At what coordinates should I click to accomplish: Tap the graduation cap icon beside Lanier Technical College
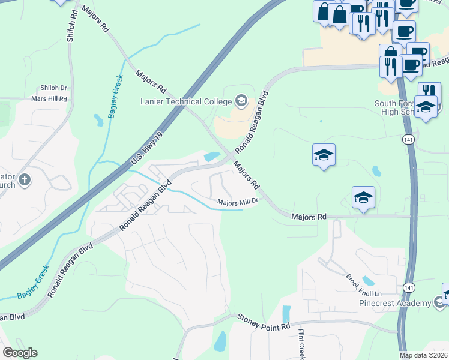pyautogui.click(x=241, y=100)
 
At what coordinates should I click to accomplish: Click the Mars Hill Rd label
pyautogui.click(x=49, y=98)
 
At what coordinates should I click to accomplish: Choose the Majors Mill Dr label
pyautogui.click(x=237, y=202)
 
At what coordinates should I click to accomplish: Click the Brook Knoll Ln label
pyautogui.click(x=363, y=286)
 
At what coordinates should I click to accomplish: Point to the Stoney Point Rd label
pyautogui.click(x=264, y=321)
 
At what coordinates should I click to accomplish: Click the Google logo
pyautogui.click(x=20, y=353)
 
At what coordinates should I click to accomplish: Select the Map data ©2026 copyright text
pyautogui.click(x=423, y=355)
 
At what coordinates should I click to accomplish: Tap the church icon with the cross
pyautogui.click(x=24, y=179)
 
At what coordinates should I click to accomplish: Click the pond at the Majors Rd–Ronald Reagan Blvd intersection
pyautogui.click(x=212, y=157)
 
